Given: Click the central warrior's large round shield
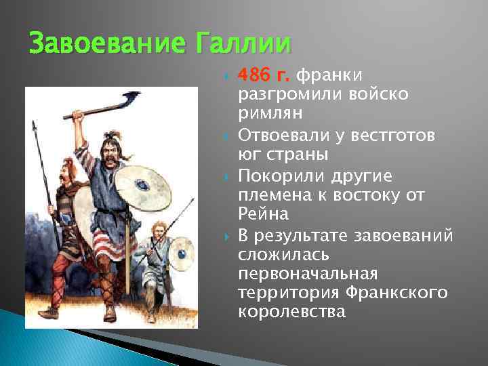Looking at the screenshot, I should [143, 183].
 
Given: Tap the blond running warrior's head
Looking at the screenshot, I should [158, 228].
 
